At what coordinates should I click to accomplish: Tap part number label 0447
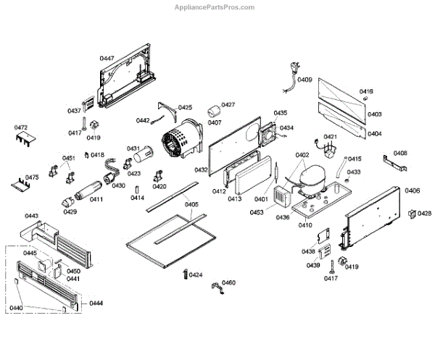click(x=107, y=57)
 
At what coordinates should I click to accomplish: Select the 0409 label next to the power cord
click(x=304, y=80)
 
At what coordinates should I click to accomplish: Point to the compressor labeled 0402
click(x=312, y=177)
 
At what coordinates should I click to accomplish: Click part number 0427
click(x=228, y=105)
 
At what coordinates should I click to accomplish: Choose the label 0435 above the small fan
click(x=280, y=113)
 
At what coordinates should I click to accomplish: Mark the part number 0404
click(x=374, y=134)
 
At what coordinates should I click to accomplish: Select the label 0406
click(x=412, y=191)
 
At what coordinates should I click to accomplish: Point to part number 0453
click(x=257, y=212)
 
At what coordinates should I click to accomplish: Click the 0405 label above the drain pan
click(x=191, y=204)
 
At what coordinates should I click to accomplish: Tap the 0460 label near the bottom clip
click(x=228, y=282)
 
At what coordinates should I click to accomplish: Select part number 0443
click(x=31, y=216)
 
